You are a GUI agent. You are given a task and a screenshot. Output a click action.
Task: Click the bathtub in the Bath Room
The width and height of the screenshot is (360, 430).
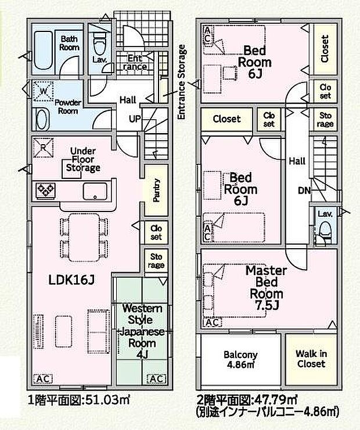pyautogui.click(x=43, y=50)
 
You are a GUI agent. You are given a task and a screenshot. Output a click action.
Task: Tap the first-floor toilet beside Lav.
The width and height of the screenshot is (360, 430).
pyautogui.click(x=99, y=44)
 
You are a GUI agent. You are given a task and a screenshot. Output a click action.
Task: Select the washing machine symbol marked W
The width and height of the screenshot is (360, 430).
pyautogui.click(x=43, y=91)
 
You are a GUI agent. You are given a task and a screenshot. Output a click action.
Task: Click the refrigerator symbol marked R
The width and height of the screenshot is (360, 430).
pyautogui.click(x=43, y=147)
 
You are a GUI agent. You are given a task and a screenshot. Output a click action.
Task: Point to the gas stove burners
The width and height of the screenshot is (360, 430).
pyautogui.click(x=45, y=190)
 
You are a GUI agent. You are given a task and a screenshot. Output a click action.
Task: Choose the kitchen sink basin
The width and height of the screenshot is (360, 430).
pyautogui.click(x=95, y=191)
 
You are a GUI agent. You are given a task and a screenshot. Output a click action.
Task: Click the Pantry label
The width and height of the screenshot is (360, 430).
pyautogui.click(x=156, y=190)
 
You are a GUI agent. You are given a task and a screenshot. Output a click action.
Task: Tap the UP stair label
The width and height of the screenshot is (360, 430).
pyautogui.click(x=135, y=119)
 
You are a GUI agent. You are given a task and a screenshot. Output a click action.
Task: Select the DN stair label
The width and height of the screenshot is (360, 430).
pyautogui.click(x=305, y=191)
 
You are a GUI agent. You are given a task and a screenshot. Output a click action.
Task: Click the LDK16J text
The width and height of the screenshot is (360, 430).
pyautogui.click(x=71, y=280)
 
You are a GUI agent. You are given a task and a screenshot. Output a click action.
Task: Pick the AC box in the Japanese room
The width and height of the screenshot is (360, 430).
pyautogui.click(x=156, y=378)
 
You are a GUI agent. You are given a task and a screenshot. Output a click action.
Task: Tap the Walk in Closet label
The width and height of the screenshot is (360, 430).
pyautogui.click(x=311, y=359)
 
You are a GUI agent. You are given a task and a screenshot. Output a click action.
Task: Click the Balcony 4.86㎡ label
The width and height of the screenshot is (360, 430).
pyautogui.click(x=240, y=360)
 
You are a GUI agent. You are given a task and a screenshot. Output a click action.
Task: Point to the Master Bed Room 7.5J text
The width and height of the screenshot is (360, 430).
pyautogui.click(x=267, y=288)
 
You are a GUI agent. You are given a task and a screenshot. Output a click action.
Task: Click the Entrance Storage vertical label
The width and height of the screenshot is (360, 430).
pyautogui.click(x=182, y=82)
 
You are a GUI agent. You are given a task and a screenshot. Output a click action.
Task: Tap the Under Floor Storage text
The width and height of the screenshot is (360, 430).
pyautogui.click(x=82, y=159)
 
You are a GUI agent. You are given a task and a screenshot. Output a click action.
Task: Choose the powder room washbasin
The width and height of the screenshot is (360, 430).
pyautogui.click(x=42, y=119)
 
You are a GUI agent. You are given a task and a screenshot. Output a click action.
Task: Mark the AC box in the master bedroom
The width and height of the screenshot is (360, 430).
pyautogui.click(x=213, y=322)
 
